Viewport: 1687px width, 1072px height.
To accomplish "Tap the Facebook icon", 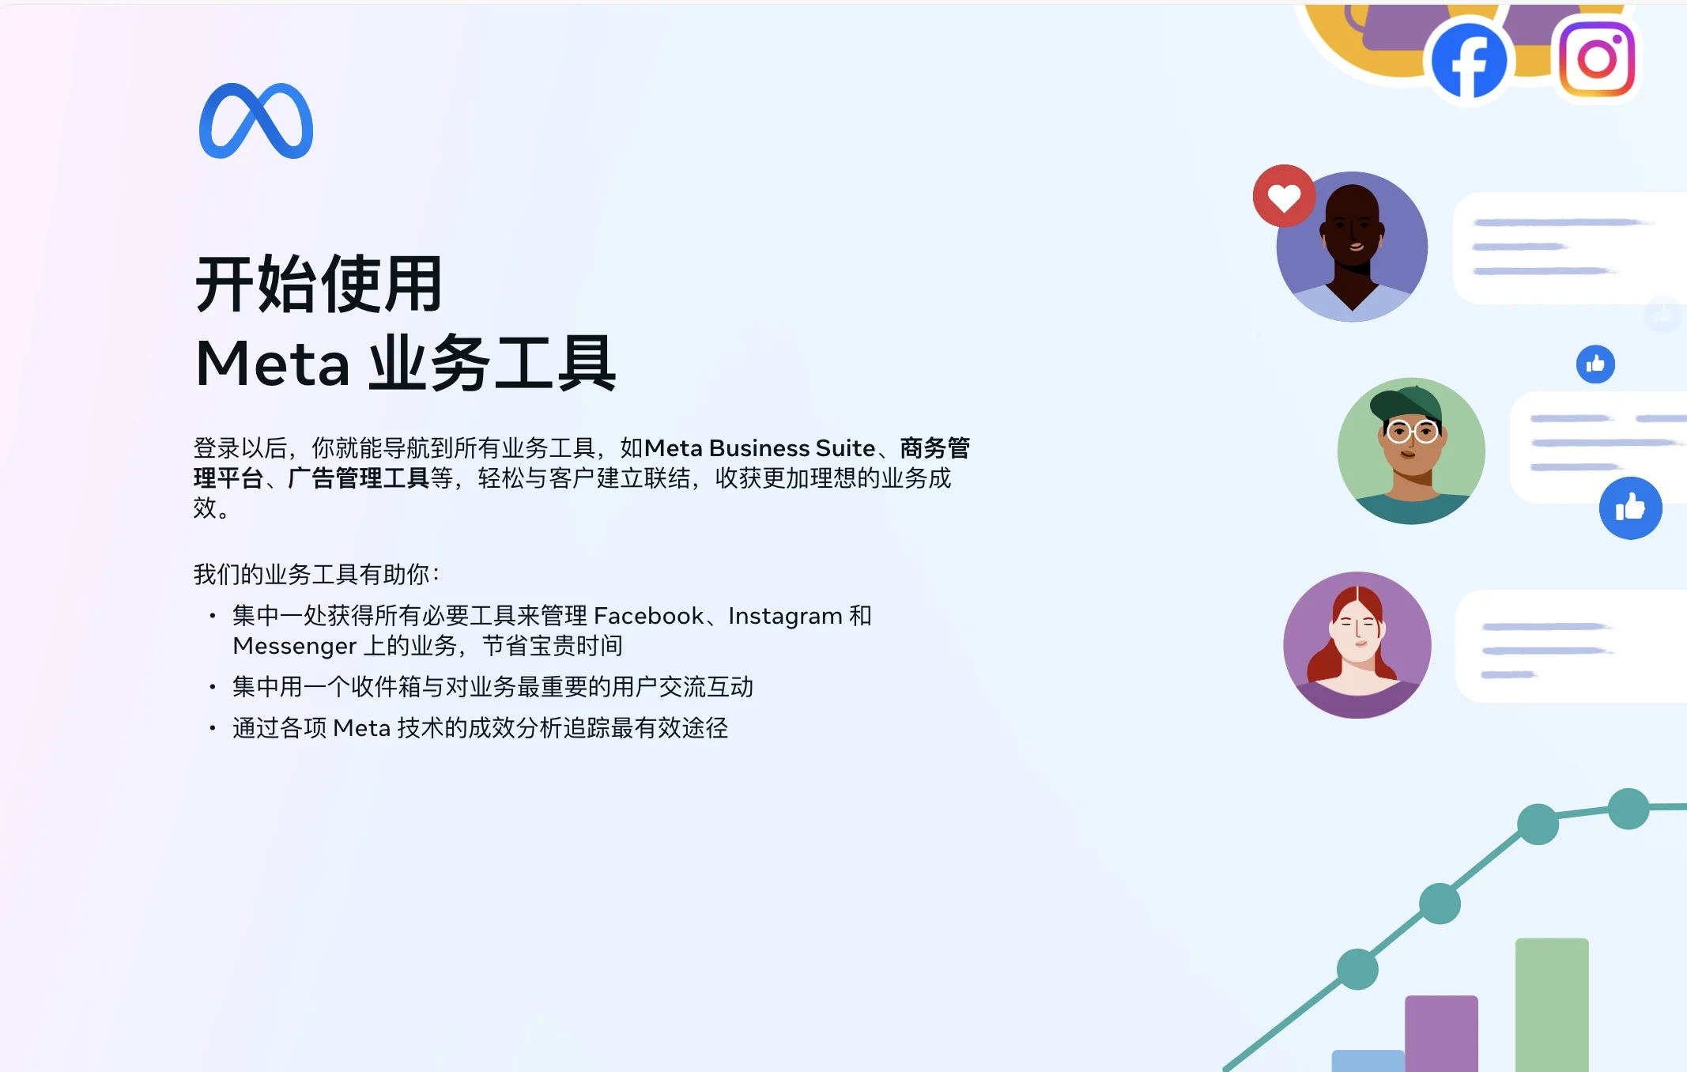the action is tap(1469, 60).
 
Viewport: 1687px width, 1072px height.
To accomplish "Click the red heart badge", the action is tap(1284, 196).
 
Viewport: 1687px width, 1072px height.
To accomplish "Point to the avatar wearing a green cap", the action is tap(1411, 451).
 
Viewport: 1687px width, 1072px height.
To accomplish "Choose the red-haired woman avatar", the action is tap(1357, 645).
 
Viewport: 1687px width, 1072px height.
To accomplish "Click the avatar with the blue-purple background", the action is tap(1353, 247).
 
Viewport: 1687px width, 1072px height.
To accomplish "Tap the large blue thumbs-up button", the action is tap(1631, 508).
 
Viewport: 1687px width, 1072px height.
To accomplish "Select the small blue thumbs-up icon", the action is tap(1595, 364).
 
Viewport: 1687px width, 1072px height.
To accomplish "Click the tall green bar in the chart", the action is tap(1552, 1005).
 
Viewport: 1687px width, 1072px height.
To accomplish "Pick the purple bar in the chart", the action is tap(1441, 1033).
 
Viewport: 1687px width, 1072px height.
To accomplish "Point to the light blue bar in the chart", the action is tap(1368, 1061).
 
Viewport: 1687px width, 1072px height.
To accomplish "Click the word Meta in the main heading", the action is tap(273, 364).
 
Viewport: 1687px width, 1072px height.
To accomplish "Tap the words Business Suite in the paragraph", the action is tap(792, 448).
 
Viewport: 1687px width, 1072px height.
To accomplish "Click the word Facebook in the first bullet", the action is tap(648, 616).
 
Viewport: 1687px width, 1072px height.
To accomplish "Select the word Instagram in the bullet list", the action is tap(785, 617).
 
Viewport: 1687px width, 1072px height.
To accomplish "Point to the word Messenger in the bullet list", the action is tap(294, 647).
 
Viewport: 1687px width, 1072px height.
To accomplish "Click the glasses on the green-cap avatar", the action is tap(1413, 432).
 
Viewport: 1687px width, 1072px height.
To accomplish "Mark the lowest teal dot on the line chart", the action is tap(1357, 969).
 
